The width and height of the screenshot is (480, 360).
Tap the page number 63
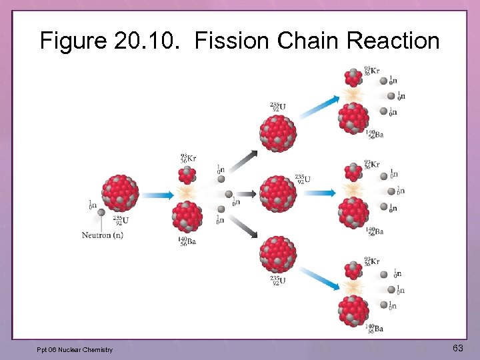pyautogui.click(x=458, y=348)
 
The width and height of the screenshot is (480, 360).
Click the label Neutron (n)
pyautogui.click(x=103, y=235)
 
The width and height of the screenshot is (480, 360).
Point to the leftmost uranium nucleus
pyautogui.click(x=121, y=193)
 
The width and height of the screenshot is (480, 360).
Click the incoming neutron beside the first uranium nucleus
pyautogui.click(x=101, y=212)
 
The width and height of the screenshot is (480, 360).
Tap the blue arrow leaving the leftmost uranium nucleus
pyautogui.click(x=156, y=195)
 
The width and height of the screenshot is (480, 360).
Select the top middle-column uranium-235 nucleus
pyautogui.click(x=278, y=133)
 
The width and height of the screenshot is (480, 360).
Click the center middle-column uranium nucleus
pyautogui.click(x=278, y=193)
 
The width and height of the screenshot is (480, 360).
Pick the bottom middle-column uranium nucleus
pyautogui.click(x=278, y=253)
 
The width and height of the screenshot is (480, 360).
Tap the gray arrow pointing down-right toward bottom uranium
pyautogui.click(x=245, y=230)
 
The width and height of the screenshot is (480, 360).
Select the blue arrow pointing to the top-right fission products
pyautogui.click(x=319, y=107)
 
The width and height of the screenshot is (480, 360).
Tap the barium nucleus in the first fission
pyautogui.click(x=187, y=217)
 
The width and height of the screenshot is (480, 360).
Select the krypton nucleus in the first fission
pyautogui.click(x=187, y=175)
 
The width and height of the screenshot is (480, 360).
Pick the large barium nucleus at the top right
pyautogui.click(x=353, y=118)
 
